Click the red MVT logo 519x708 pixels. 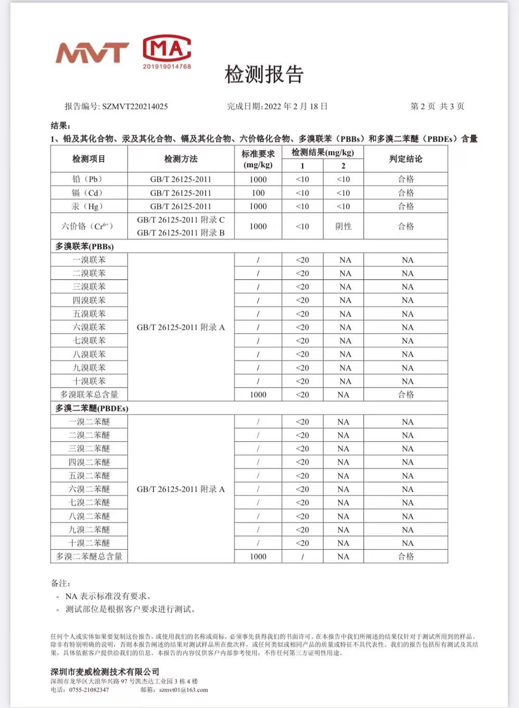(x=92, y=52)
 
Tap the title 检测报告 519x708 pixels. (x=263, y=74)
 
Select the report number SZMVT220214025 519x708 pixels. (x=135, y=106)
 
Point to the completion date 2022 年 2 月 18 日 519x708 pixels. (x=296, y=106)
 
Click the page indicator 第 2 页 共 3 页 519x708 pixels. (x=437, y=106)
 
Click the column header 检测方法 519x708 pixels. (x=181, y=159)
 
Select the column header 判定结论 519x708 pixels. (x=406, y=159)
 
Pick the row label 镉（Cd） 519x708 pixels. (x=88, y=193)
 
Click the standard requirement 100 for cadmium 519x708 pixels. (x=258, y=193)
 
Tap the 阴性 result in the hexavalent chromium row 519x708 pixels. (x=344, y=226)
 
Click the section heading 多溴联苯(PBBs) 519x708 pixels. (x=84, y=246)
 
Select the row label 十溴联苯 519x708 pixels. (x=89, y=381)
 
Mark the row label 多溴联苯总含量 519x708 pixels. (x=89, y=394)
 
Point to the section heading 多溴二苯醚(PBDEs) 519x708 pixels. (x=92, y=408)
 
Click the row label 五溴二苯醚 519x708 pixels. (x=89, y=476)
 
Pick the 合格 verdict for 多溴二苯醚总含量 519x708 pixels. (x=406, y=556)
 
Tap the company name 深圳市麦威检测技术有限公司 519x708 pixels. (x=105, y=672)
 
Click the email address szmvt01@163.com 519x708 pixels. (x=183, y=690)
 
